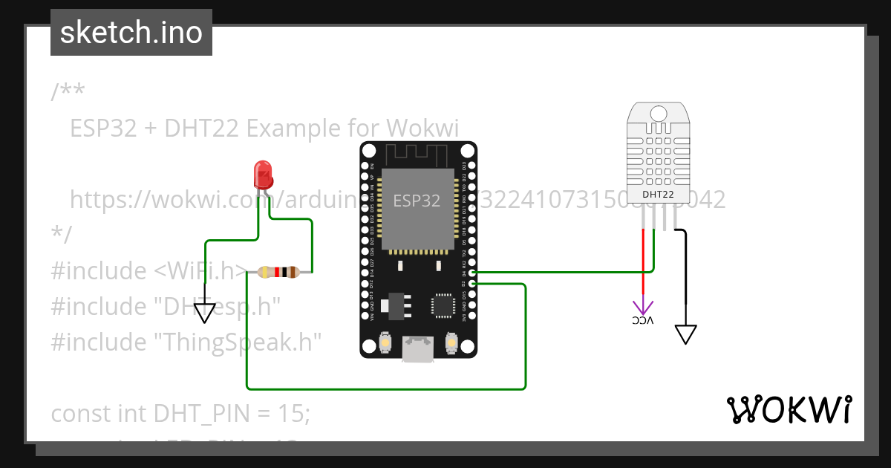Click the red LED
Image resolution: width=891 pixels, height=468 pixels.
[263, 175]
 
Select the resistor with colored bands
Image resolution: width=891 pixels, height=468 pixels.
[278, 273]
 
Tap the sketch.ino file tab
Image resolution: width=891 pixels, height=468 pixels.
[131, 33]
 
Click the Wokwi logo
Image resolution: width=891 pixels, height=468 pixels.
[788, 409]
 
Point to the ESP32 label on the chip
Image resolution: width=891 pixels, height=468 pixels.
[416, 201]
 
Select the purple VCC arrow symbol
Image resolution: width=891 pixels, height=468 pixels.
[642, 307]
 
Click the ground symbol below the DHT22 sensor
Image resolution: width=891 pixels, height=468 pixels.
[686, 334]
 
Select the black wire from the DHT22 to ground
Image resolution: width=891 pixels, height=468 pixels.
[685, 267]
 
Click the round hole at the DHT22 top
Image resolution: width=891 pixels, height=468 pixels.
[659, 114]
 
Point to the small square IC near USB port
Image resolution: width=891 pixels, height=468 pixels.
[443, 305]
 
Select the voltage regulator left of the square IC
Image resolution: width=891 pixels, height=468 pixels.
[394, 305]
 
